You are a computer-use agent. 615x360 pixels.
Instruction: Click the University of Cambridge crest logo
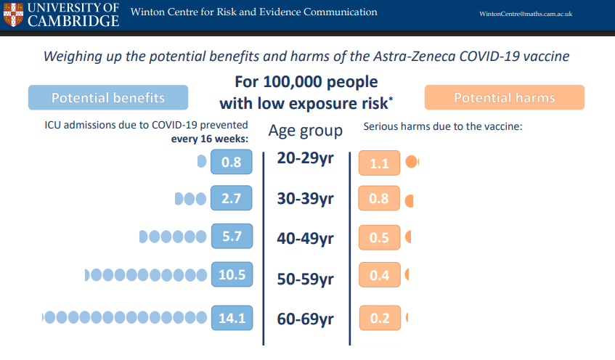(13, 15)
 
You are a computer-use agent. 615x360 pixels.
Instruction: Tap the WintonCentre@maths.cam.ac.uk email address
(526, 14)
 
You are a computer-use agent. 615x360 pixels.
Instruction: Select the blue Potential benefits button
(108, 97)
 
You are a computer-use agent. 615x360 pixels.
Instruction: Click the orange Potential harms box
(505, 97)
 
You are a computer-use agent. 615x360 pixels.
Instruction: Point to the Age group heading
(306, 131)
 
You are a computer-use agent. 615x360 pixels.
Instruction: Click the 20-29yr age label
(305, 158)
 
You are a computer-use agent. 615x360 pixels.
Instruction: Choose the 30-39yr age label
(305, 198)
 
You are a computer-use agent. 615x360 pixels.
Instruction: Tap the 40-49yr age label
(305, 238)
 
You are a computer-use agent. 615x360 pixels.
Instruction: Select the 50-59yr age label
(305, 279)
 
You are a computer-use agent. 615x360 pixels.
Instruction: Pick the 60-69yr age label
(305, 319)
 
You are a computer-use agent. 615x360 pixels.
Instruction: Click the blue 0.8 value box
(232, 162)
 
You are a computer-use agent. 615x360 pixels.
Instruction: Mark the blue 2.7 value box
(232, 198)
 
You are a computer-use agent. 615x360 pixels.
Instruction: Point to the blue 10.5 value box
(232, 274)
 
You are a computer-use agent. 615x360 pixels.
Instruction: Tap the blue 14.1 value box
(232, 318)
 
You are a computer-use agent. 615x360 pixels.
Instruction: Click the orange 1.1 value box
(379, 163)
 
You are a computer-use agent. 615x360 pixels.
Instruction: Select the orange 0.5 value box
(379, 237)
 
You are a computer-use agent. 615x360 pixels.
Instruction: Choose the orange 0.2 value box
(380, 318)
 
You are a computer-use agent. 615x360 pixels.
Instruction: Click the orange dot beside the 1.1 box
(412, 162)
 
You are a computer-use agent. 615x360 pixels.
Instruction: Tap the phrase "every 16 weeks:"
(210, 139)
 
